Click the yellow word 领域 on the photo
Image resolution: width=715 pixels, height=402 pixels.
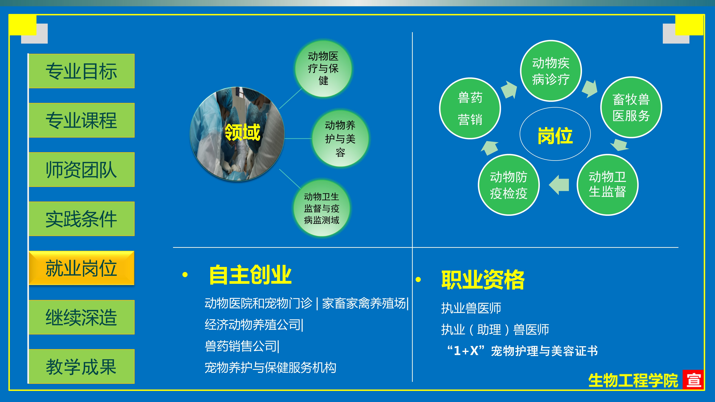(242, 132)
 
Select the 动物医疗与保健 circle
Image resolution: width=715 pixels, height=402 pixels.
(323, 69)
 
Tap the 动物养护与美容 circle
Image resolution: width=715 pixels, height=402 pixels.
(340, 138)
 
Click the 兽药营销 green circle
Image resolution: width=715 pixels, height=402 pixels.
(470, 108)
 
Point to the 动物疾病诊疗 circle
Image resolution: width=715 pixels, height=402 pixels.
(551, 71)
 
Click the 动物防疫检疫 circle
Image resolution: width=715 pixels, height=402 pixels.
(509, 185)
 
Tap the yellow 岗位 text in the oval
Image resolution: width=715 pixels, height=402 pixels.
(555, 136)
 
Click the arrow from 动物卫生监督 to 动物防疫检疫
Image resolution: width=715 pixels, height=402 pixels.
(559, 185)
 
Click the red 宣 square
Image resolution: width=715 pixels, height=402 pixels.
(693, 379)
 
